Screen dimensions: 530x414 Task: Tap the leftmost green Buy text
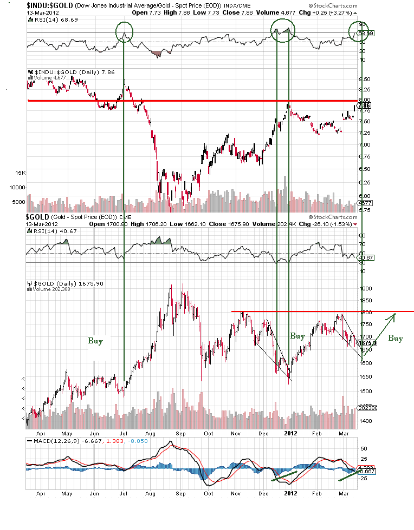tap(95, 341)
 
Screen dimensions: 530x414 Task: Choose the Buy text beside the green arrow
tap(395, 339)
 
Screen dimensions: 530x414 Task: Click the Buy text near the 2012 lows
tap(297, 336)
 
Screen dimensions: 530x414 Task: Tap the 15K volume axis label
tap(20, 173)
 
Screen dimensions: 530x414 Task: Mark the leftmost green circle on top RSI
tap(124, 30)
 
